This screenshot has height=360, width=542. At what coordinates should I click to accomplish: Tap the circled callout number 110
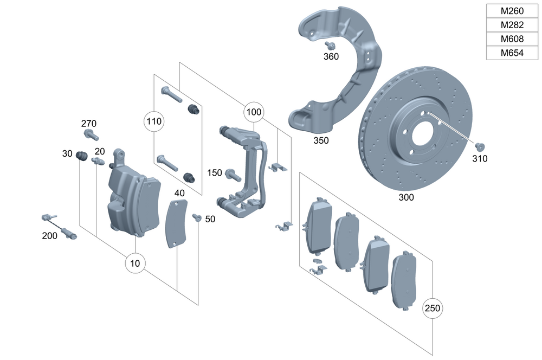153,121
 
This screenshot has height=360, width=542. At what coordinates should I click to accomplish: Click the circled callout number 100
253,113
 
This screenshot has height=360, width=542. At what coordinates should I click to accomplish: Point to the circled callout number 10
135,263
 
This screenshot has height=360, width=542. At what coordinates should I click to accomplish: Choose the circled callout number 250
433,308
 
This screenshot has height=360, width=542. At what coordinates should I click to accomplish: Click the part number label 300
405,197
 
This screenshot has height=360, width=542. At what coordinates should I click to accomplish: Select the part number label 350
321,140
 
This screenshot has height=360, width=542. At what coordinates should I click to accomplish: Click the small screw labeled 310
479,146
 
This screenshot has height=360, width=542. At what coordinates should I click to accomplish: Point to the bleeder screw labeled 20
99,162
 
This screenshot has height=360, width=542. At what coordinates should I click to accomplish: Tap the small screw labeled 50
197,218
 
